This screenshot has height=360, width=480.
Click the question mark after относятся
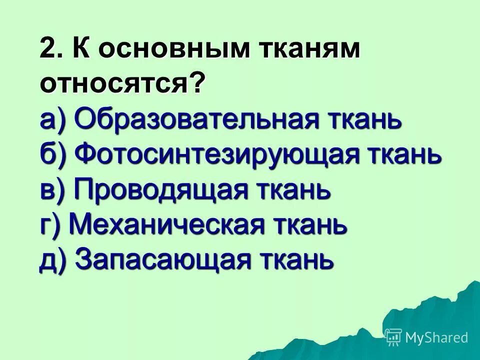(197, 83)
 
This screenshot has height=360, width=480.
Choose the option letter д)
(53, 260)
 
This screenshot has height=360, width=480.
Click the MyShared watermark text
(437, 337)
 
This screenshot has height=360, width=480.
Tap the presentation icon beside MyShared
(394, 337)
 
